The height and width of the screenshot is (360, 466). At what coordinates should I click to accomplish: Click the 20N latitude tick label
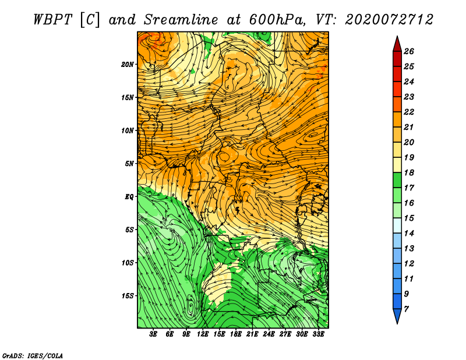(x=128, y=64)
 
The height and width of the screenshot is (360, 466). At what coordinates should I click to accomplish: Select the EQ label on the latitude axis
(x=129, y=197)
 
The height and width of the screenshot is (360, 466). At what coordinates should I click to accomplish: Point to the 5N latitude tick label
(x=129, y=164)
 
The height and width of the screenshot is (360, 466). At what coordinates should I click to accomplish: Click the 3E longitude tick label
(x=153, y=334)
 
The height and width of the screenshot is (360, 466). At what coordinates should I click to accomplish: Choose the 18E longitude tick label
(x=236, y=334)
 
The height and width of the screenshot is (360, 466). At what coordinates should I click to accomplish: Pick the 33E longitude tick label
(x=318, y=334)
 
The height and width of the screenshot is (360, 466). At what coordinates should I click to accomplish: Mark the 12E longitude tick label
(x=203, y=334)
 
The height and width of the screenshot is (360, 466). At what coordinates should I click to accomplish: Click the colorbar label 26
(x=409, y=51)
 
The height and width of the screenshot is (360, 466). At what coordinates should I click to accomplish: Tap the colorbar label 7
(x=407, y=309)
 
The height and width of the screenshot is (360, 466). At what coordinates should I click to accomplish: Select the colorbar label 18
(x=409, y=172)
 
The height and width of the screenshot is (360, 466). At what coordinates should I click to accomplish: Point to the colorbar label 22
(x=409, y=112)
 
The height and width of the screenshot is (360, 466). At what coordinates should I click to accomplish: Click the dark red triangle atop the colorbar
(x=397, y=45)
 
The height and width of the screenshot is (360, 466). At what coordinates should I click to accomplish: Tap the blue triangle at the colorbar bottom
(x=397, y=315)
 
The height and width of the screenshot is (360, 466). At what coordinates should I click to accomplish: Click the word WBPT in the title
(x=52, y=20)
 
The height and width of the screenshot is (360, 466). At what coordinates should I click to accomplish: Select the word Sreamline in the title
(x=181, y=20)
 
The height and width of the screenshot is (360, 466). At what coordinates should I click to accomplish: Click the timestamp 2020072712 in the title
(x=389, y=20)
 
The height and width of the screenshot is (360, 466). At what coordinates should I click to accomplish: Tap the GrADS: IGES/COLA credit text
(x=33, y=356)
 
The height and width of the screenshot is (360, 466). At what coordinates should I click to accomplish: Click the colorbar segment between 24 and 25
(x=397, y=74)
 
